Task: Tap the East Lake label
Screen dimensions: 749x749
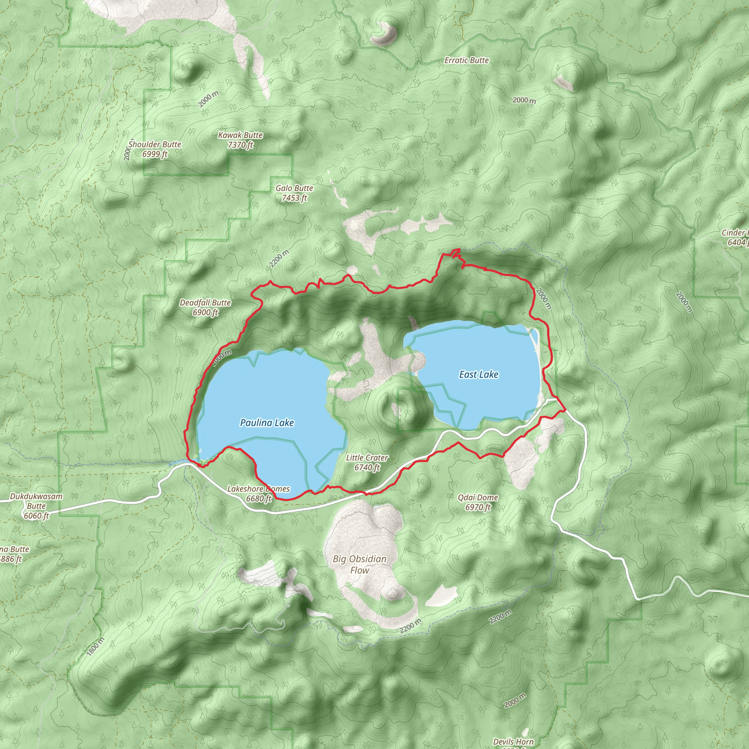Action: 478,374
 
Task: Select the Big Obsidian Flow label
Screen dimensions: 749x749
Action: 360,564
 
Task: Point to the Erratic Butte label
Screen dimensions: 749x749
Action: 466,60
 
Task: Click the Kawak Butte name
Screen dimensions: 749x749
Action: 240,135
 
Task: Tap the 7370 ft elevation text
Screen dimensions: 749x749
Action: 240,145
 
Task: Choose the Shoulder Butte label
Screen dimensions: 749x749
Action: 155,144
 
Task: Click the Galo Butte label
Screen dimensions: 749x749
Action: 294,188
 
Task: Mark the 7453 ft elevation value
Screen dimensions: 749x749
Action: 294,198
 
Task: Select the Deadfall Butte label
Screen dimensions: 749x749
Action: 205,302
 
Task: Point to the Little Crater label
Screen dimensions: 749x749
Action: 367,458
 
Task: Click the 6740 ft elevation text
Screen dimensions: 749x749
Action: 367,467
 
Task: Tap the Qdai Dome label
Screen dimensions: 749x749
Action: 478,497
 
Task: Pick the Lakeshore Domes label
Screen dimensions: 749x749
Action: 258,489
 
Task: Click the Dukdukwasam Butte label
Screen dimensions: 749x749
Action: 36,501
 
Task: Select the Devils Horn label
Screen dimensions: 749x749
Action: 513,742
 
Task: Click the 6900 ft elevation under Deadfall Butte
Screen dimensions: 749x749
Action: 205,312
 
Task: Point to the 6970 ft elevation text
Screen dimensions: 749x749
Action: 478,507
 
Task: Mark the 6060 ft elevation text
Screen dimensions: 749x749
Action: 36,516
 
